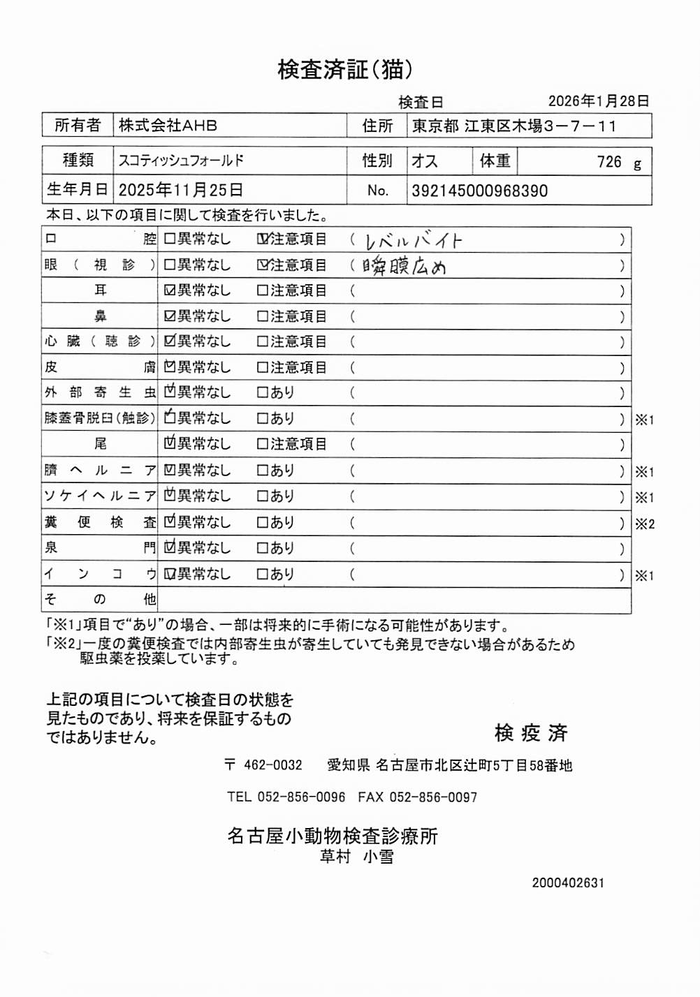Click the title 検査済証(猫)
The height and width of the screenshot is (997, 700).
(x=345, y=69)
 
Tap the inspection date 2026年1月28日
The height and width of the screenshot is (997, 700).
(x=599, y=101)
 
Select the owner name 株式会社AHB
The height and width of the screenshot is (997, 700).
(x=168, y=126)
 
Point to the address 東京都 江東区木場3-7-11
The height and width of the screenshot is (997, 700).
(x=514, y=126)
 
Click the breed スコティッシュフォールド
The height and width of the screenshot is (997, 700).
(x=181, y=161)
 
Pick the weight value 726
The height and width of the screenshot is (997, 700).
(x=608, y=162)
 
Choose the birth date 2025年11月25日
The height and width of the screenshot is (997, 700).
(x=181, y=190)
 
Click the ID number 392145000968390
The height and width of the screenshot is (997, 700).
(x=479, y=191)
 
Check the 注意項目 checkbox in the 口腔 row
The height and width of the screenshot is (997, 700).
(x=263, y=239)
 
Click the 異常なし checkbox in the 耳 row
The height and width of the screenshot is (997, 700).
(x=169, y=290)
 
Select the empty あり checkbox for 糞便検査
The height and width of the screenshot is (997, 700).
(x=263, y=522)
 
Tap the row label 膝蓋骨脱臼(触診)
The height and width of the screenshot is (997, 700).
(x=99, y=418)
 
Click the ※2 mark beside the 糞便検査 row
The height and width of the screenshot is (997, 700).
(x=644, y=524)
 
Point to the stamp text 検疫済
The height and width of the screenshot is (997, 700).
(x=531, y=733)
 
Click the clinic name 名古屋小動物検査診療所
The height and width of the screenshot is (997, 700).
(x=332, y=836)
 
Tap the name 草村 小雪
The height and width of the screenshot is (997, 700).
(x=356, y=857)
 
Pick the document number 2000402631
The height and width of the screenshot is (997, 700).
(x=568, y=882)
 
